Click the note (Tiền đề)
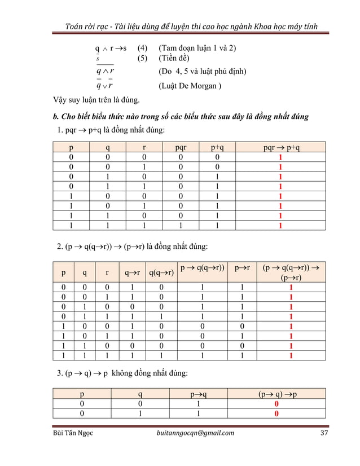[174, 59]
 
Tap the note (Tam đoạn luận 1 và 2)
[197, 48]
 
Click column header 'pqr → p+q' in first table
[281, 148]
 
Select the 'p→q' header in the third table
[205, 394]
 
